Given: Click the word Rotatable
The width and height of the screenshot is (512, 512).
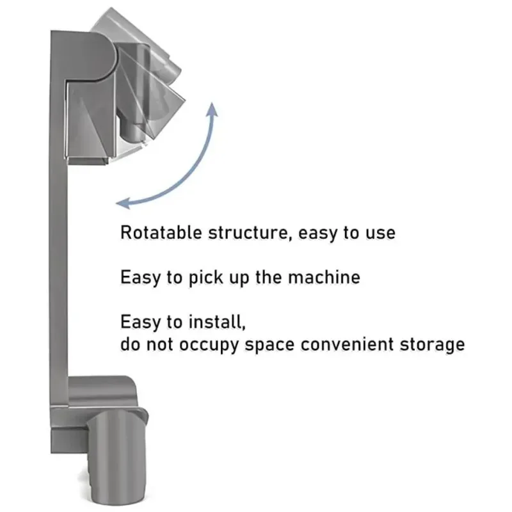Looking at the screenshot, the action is (x=161, y=232).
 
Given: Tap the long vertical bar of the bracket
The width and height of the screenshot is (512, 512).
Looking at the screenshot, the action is (x=58, y=256).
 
